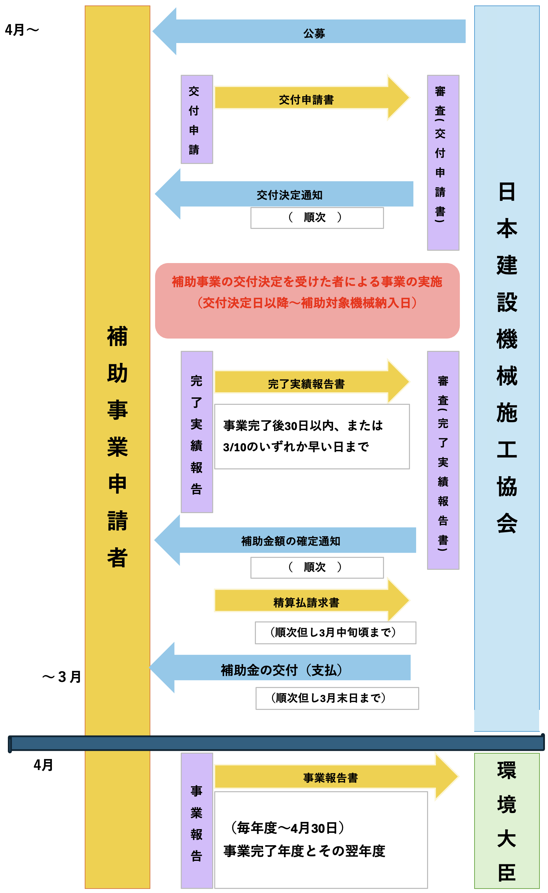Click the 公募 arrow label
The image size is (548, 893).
click(314, 34)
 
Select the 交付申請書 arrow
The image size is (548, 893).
click(312, 97)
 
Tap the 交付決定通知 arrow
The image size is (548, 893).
click(284, 194)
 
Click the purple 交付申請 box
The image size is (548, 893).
click(197, 120)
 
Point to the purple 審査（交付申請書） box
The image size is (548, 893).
click(443, 163)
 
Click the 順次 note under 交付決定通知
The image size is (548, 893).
click(317, 218)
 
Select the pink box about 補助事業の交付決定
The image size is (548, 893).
click(307, 301)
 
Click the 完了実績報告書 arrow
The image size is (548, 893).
click(312, 382)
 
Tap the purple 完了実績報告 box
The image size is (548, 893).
click(197, 432)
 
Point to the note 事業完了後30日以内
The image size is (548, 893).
click(312, 436)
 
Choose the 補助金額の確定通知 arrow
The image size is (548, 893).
click(285, 540)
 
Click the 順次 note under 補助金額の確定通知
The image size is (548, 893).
click(317, 567)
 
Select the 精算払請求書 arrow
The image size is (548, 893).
click(312, 601)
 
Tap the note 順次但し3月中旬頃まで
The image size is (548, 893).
click(335, 633)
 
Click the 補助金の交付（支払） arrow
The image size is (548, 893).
click(280, 668)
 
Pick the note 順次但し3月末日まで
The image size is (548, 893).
click(338, 698)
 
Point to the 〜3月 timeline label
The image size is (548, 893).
click(61, 677)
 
